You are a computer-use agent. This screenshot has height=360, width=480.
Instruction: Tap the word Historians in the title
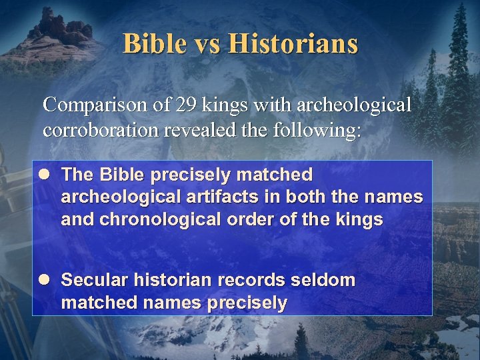(293, 44)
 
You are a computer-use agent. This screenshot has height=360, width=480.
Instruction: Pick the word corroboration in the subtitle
(100, 129)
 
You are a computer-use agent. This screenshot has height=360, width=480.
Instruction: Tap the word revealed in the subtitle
(201, 129)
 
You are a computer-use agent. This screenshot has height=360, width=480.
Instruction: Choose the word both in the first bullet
(319, 197)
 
